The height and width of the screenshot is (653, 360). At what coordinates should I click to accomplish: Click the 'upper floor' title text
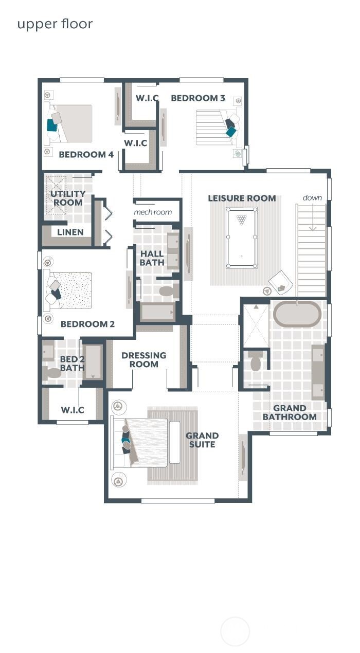click(55, 24)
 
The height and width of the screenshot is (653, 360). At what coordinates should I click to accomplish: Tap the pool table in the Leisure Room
click(242, 237)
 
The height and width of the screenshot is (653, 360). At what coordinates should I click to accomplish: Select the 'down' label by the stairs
click(312, 197)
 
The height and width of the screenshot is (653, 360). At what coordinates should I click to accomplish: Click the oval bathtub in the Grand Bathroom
click(297, 314)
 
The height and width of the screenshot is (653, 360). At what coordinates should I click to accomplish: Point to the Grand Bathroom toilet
click(256, 362)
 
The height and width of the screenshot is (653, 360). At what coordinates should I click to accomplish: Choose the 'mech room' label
click(153, 212)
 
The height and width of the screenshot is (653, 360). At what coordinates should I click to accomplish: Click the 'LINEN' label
click(70, 232)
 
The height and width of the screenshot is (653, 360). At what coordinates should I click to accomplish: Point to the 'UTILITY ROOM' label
click(68, 198)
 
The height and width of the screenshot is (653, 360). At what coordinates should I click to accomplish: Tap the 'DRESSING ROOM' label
click(144, 359)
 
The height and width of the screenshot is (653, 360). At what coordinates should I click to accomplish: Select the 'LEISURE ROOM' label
click(242, 198)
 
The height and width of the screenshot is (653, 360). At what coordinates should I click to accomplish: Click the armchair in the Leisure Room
click(280, 282)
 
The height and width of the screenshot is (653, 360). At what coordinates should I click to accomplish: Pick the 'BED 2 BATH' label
click(73, 364)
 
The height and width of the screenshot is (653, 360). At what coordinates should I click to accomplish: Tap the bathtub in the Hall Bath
click(157, 312)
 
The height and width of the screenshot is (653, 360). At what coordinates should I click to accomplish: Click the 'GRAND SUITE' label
click(202, 440)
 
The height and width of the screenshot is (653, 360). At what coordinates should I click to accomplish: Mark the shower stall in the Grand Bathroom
click(256, 325)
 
